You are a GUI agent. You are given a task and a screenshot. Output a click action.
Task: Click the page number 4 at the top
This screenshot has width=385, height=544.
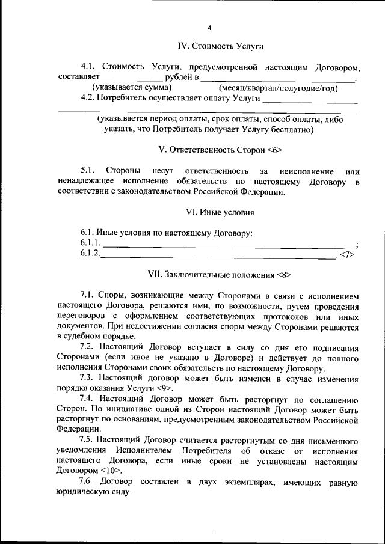[209, 28]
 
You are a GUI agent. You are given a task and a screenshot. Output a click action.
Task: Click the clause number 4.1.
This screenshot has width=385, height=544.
[89, 66]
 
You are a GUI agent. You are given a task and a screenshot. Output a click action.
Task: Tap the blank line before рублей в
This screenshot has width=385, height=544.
[132, 78]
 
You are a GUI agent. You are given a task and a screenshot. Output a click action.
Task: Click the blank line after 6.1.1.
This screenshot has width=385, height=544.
[229, 244]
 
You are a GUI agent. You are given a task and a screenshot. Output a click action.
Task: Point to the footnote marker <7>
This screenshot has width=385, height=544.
[348, 255]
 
